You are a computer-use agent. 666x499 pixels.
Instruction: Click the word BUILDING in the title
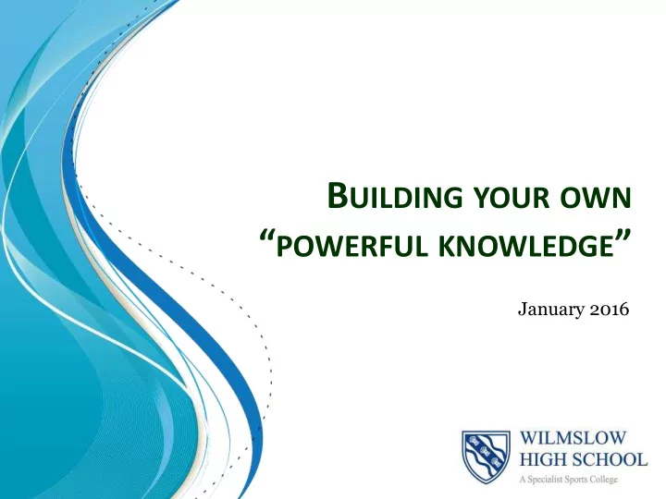point(395,196)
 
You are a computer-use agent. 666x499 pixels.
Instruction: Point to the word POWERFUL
point(352,247)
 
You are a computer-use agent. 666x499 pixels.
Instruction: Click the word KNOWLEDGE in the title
point(526,247)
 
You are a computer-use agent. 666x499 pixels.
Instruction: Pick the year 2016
point(609,309)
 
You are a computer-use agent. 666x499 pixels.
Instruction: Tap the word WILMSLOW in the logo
point(573,437)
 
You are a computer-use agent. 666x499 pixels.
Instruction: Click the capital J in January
point(522,310)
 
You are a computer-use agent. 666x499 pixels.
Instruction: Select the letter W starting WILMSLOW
point(529,437)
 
